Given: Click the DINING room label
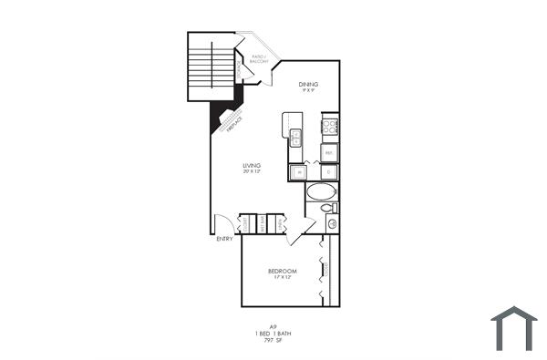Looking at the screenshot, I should pos(308,85).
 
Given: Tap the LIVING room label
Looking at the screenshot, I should pos(252,166).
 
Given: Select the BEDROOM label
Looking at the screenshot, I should pos(282,272).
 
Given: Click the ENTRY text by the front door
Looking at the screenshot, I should pos(224,239).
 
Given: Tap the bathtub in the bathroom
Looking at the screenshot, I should pos(320,191).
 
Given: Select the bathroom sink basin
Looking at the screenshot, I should pos(331,223).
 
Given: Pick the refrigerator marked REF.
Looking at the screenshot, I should pos(329,152).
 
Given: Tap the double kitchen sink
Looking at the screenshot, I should pos(295,139).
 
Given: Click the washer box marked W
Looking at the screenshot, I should pos(298,171).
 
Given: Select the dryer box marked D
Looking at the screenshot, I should pos(328,171).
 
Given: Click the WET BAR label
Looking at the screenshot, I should pos(261,223).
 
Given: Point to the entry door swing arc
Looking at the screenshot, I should pos(220,222).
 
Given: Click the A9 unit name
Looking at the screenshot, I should pos(272,326).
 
